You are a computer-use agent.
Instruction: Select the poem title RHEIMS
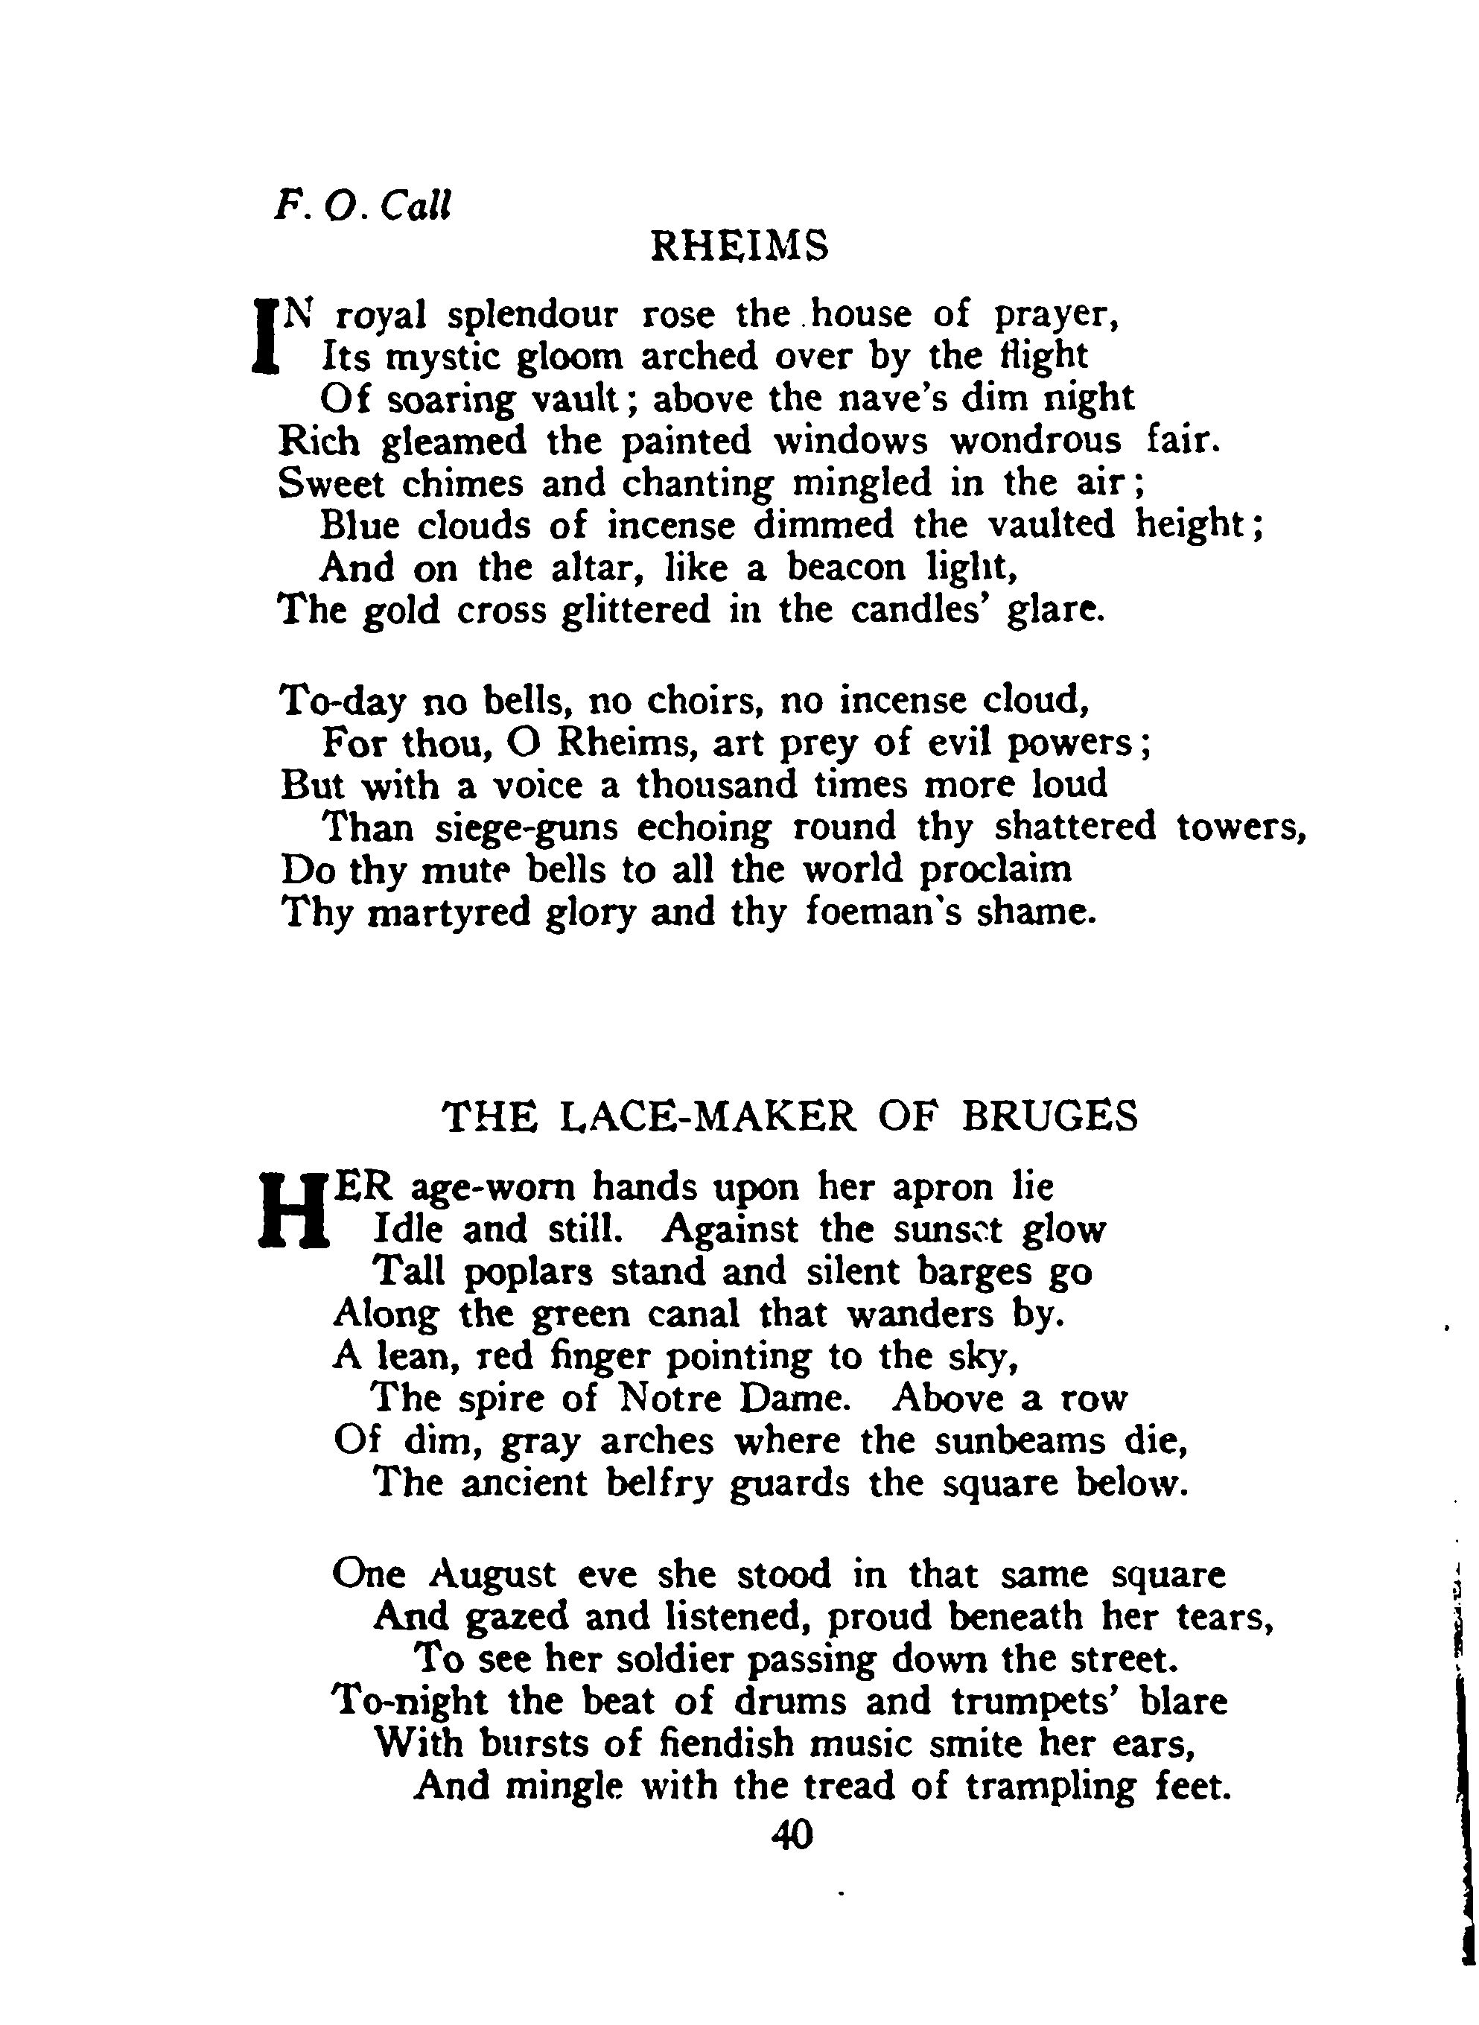point(739,247)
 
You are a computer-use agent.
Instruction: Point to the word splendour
point(532,316)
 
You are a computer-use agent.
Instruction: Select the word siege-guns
point(527,827)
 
